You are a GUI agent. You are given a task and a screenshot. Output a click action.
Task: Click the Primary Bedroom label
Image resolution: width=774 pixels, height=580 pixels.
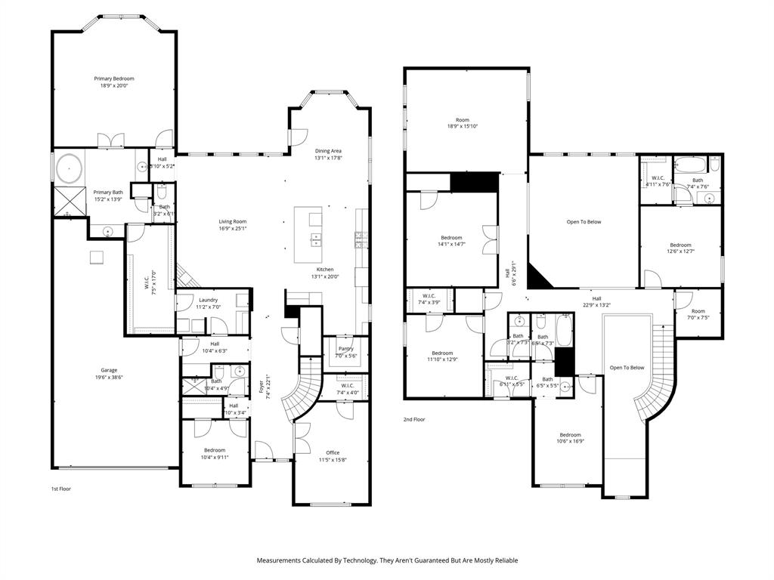[114, 79]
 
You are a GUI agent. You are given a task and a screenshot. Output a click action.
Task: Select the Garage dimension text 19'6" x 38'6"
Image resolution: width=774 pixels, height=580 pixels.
[110, 378]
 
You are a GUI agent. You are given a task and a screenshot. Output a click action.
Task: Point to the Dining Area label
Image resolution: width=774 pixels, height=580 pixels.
[328, 151]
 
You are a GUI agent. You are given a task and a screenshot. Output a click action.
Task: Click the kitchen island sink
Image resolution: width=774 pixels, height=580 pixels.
[315, 240]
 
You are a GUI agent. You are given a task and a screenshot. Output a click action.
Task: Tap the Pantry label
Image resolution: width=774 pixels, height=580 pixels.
[345, 348]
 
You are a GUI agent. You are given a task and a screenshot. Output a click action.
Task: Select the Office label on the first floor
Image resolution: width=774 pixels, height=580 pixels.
[333, 452]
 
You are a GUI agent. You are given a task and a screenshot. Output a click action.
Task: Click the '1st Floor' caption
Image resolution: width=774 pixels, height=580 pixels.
[60, 489]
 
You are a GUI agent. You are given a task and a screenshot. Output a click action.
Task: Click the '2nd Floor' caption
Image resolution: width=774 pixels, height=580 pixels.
[413, 418]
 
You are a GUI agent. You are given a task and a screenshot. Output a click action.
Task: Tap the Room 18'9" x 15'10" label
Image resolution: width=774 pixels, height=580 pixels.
[463, 120]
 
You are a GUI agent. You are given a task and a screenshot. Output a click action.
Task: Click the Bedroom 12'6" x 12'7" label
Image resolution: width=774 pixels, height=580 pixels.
[680, 245]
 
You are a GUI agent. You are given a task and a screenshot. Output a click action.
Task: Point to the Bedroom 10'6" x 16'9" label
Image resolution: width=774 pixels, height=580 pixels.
[570, 434]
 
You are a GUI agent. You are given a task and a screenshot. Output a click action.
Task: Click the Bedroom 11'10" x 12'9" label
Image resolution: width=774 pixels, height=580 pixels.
[442, 353]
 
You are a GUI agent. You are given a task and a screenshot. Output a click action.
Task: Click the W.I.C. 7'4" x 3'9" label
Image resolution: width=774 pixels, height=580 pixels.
[429, 295]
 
